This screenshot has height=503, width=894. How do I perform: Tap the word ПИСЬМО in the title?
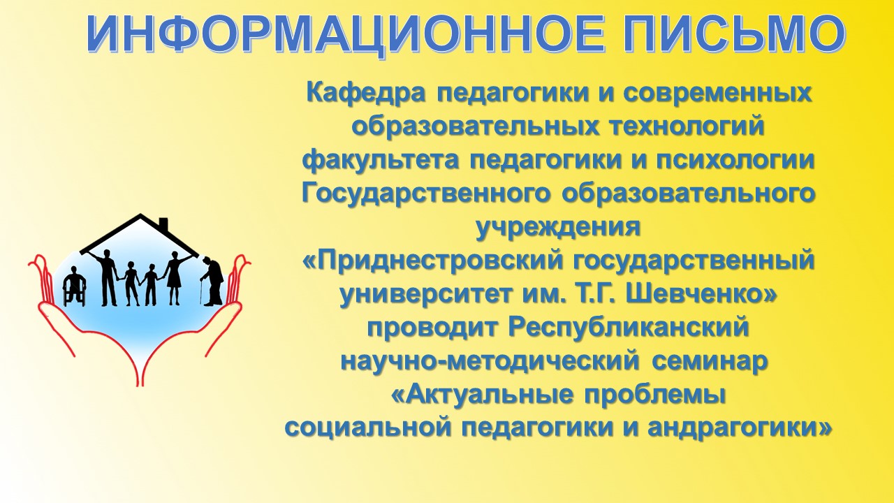click(x=714, y=34)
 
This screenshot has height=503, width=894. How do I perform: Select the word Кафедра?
click(x=365, y=94)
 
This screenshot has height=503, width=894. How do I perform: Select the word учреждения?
click(x=558, y=228)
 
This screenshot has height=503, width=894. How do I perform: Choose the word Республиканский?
click(x=628, y=328)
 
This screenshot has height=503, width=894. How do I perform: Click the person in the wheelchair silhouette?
click(x=74, y=286)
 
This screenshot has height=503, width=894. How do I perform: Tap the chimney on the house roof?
click(x=163, y=224)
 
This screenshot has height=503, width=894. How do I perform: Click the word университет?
click(x=425, y=294)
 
